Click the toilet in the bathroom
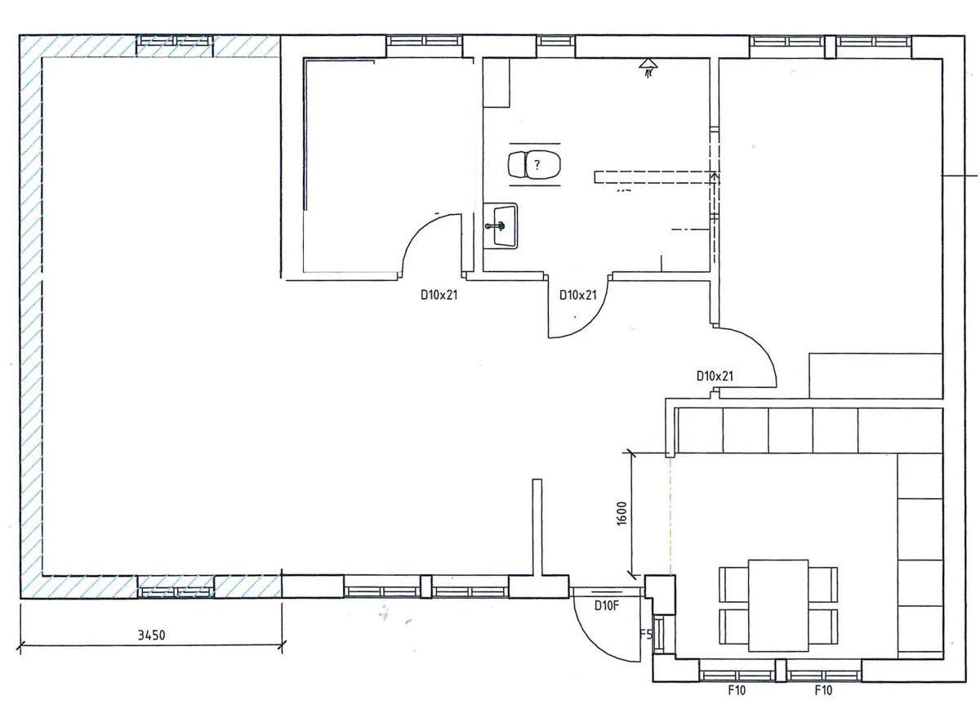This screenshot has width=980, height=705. coord(535,165)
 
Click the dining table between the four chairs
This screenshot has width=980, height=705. coord(778,605)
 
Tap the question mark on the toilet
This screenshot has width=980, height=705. coord(537,165)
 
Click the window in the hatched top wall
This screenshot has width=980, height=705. coord(175,41)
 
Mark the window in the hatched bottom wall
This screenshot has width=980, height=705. coord(175,587)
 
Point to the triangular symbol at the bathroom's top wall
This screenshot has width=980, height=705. coord(649,64)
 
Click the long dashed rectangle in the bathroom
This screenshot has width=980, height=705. coord(653,176)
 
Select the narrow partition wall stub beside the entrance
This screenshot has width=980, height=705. coord(537,527)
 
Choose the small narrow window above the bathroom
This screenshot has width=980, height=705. coord(556,41)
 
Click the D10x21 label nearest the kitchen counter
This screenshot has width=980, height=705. coord(715,377)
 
